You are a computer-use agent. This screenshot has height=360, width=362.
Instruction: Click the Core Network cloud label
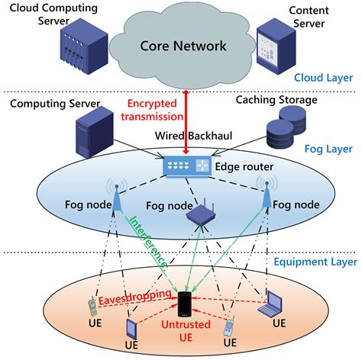(183, 45)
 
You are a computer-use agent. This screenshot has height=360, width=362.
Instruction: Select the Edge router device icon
(183, 166)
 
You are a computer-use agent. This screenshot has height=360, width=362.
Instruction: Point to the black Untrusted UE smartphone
(183, 304)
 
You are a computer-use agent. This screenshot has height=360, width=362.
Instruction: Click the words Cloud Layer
(319, 77)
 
